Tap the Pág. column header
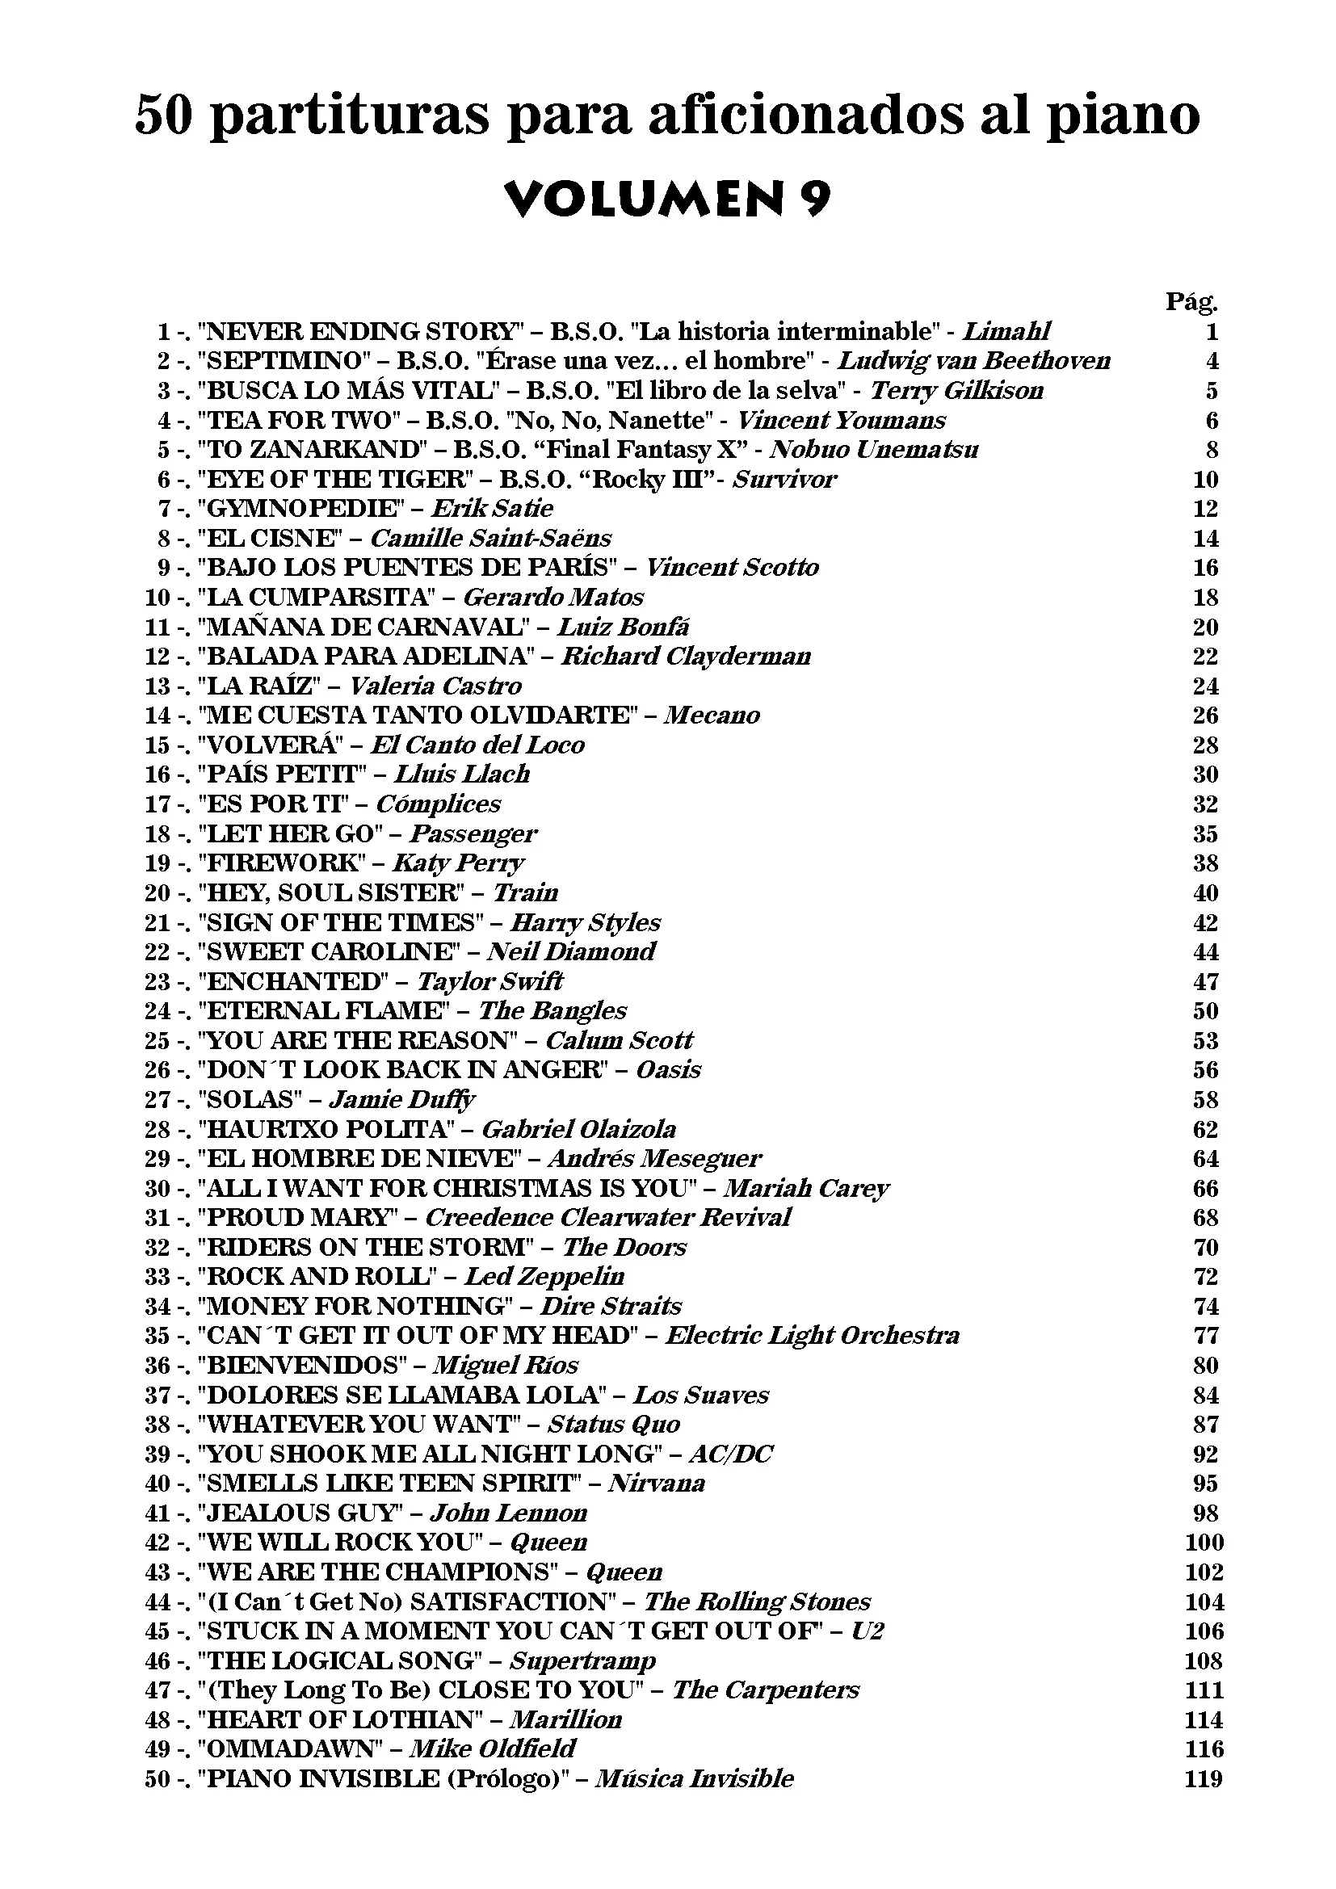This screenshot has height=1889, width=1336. pyautogui.click(x=1191, y=302)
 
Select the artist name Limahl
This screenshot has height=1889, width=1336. pyautogui.click(x=1007, y=332)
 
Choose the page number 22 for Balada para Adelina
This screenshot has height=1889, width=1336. pyautogui.click(x=1205, y=657)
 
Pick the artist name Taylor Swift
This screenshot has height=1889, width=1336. pyautogui.click(x=489, y=981)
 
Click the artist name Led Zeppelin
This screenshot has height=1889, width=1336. pyautogui.click(x=544, y=1277)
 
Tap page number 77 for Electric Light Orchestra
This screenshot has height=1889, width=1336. pyautogui.click(x=1205, y=1335)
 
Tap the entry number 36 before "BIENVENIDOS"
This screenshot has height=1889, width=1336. pyautogui.click(x=158, y=1366)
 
